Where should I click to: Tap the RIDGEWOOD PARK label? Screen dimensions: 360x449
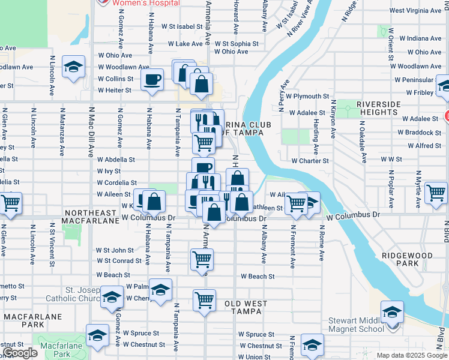click(x=407, y=259)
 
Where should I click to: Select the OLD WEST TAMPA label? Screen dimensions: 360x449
click(x=243, y=307)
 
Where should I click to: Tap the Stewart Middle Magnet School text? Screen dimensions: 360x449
click(x=356, y=325)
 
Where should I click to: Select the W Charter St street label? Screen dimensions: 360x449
click(x=310, y=161)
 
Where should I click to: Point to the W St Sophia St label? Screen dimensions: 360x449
click(x=237, y=44)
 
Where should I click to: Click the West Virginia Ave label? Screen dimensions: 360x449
click(x=415, y=11)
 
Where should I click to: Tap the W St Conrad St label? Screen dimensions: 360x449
click(x=122, y=260)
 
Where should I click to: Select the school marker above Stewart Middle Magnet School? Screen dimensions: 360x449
click(x=392, y=313)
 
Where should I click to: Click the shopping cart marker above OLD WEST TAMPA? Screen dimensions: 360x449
click(x=205, y=299)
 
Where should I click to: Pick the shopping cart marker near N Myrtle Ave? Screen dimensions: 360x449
click(x=436, y=193)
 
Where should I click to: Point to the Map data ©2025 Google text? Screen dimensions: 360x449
click(x=411, y=355)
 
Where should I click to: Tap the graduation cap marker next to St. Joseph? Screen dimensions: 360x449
click(x=112, y=297)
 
